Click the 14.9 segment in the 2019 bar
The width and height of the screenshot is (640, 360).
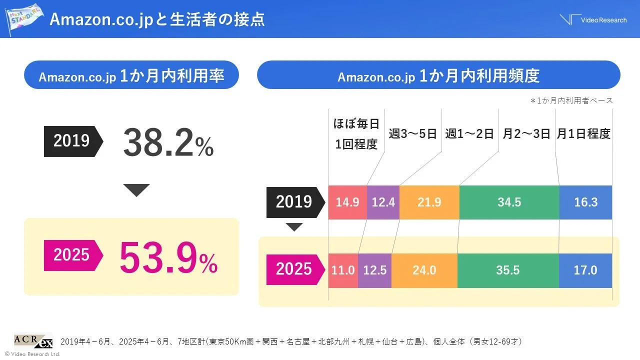[x=347, y=202]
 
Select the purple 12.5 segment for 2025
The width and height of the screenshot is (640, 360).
[x=374, y=270]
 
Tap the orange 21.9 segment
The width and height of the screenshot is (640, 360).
[x=429, y=202]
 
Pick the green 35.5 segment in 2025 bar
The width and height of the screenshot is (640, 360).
[x=508, y=270]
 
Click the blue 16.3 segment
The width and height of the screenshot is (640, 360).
[x=585, y=202]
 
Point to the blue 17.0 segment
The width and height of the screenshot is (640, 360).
[x=585, y=270]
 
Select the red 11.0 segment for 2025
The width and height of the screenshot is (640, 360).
[x=343, y=270]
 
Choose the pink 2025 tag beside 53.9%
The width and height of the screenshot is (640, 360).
[x=72, y=255]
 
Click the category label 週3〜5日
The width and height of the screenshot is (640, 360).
[x=413, y=134]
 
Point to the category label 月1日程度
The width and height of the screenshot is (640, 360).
[x=583, y=134]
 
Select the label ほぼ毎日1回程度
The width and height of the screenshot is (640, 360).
[x=356, y=134]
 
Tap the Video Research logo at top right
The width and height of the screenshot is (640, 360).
[x=593, y=19]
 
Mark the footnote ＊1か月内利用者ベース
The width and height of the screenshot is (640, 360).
[x=571, y=100]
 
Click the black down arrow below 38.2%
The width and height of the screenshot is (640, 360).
[x=136, y=190]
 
